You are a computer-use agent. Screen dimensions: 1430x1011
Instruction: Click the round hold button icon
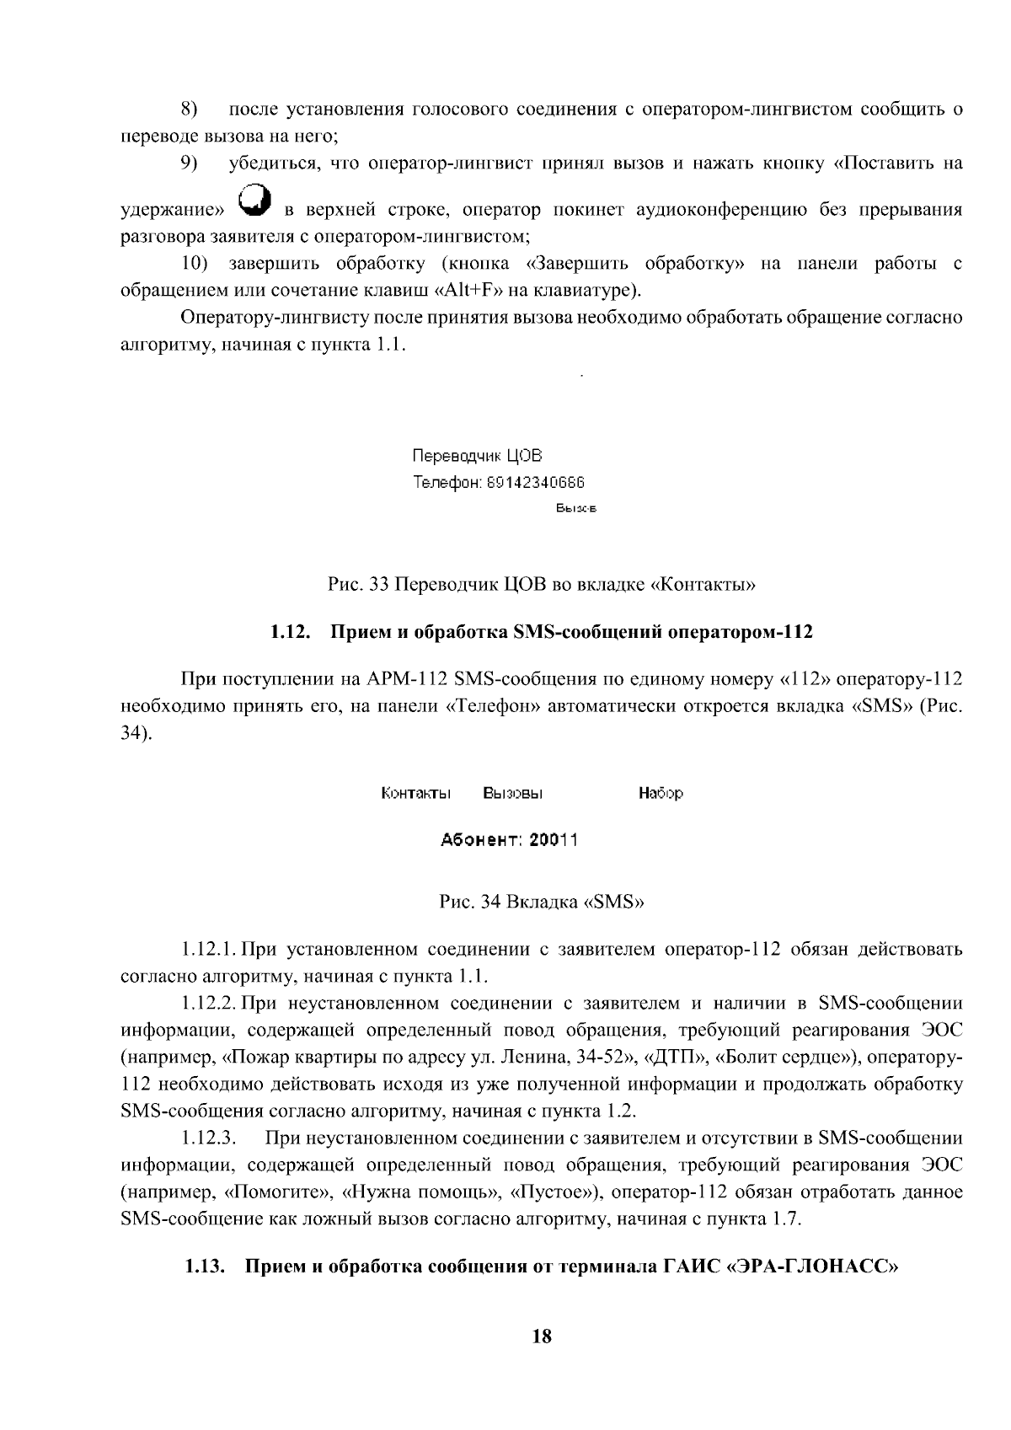click(256, 201)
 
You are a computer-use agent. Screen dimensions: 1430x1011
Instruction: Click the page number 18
click(542, 1336)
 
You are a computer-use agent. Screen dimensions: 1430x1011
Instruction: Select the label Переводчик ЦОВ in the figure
click(477, 456)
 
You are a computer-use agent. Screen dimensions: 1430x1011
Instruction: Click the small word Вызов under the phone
click(576, 508)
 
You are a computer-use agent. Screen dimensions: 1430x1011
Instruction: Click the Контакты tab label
click(416, 793)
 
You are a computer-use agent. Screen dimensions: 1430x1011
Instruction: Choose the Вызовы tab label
click(512, 793)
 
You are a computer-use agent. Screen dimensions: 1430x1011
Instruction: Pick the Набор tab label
click(661, 793)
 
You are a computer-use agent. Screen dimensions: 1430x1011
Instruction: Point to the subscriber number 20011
click(554, 840)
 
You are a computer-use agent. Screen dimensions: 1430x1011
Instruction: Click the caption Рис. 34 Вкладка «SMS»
click(542, 902)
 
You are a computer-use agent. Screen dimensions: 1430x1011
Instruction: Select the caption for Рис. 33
click(541, 583)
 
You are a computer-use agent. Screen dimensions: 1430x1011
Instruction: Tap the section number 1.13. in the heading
click(206, 1267)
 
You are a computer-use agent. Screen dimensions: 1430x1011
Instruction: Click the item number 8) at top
click(189, 110)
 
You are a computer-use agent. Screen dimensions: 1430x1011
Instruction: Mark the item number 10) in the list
click(194, 264)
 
